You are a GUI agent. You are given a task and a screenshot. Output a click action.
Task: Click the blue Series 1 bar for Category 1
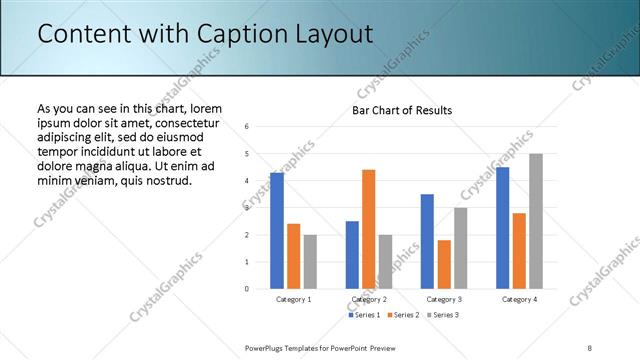[277, 231]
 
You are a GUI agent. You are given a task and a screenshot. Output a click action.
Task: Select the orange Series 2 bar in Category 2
[368, 229]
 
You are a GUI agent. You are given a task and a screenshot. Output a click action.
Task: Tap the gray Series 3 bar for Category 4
[535, 221]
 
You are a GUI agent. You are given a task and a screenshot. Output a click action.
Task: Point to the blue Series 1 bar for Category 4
[502, 228]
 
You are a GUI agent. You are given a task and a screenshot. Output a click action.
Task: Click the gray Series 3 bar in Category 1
[310, 262]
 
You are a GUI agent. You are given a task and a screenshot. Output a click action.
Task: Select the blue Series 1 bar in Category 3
[427, 241]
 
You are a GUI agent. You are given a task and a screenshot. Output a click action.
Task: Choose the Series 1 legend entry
[365, 315]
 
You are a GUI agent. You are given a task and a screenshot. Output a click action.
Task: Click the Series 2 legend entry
[402, 315]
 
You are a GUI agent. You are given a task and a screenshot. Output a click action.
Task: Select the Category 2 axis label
[368, 299]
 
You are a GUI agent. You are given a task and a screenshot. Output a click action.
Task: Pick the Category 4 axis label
[519, 299]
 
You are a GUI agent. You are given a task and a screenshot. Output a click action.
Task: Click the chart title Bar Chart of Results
[402, 110]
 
